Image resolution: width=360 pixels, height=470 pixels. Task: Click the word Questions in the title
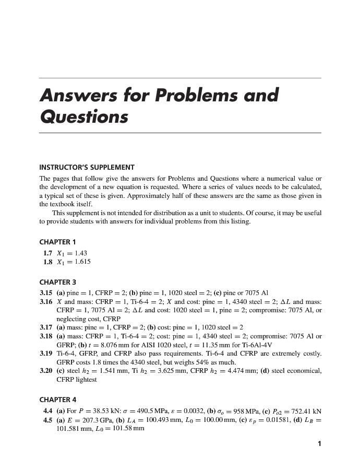point(84,116)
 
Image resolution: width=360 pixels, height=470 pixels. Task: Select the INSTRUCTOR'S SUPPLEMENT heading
point(87,168)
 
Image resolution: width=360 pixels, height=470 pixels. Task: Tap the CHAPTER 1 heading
point(58,242)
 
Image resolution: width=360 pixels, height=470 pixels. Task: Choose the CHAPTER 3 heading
point(58,282)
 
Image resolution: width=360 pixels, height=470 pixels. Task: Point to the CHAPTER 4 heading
point(58,399)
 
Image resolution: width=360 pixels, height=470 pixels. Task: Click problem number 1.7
point(49,253)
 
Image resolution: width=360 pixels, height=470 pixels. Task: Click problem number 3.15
point(47,292)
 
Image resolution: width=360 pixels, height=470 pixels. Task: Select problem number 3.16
point(47,302)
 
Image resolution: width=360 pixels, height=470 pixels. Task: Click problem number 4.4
point(49,410)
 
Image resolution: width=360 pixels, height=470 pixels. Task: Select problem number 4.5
point(49,419)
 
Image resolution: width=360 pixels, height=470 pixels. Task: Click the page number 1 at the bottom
point(319,444)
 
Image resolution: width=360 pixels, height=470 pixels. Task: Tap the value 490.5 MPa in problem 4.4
point(148,410)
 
